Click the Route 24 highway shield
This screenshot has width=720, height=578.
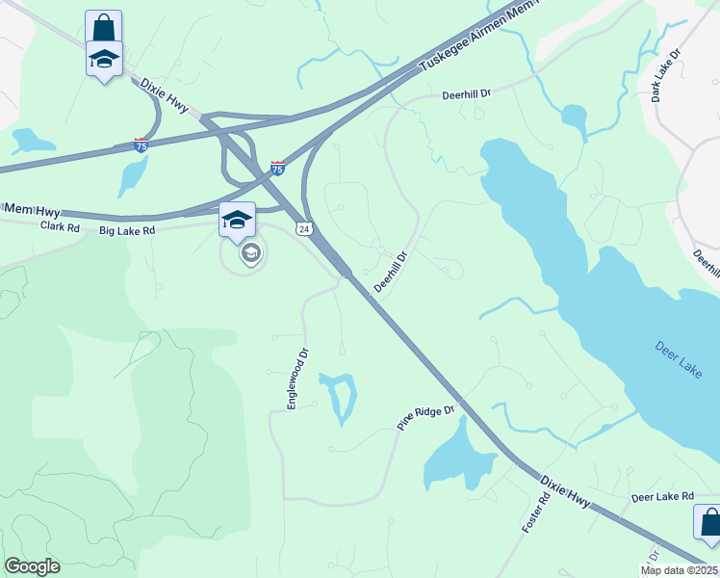(304, 228)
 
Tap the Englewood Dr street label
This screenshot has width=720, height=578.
(295, 379)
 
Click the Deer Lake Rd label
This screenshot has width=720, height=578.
(662, 497)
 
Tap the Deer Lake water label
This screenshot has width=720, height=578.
(678, 359)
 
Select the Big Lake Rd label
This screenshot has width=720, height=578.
(127, 231)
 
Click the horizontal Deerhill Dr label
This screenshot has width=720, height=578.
(466, 94)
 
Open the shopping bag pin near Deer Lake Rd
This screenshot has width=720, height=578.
(709, 523)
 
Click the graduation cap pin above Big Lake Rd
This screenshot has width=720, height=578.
(237, 221)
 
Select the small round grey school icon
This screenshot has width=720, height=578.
(250, 253)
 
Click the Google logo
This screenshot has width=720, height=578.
(32, 566)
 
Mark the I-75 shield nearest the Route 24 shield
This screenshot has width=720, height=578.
(277, 168)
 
